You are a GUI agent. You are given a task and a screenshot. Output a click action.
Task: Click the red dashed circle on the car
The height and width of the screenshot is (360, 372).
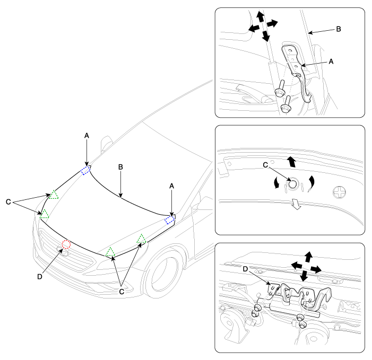click(x=66, y=244)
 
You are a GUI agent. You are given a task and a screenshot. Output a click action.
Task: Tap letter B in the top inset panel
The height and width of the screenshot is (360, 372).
click(x=339, y=29)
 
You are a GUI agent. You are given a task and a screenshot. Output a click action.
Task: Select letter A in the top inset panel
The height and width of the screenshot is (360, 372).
click(x=331, y=62)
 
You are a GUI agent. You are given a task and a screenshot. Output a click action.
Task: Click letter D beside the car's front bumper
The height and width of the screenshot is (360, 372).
click(x=40, y=277)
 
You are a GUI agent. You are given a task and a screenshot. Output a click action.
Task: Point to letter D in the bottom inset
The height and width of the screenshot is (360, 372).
click(x=245, y=269)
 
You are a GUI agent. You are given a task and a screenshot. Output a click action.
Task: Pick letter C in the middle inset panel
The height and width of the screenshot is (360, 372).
click(x=265, y=165)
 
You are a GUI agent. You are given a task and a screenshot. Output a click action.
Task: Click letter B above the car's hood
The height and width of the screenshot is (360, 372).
click(x=120, y=167)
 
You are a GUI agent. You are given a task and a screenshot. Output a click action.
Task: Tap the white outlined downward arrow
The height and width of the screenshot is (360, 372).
click(x=296, y=204)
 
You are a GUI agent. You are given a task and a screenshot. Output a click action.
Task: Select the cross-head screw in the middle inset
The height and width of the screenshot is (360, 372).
click(x=339, y=192)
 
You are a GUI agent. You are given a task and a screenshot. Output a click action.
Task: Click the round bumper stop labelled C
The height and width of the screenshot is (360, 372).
click(x=293, y=183)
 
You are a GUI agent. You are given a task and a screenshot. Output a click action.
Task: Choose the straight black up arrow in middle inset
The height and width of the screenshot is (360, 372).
click(x=291, y=162)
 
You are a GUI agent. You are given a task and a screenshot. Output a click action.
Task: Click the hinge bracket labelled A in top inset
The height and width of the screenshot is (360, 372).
click(x=297, y=71)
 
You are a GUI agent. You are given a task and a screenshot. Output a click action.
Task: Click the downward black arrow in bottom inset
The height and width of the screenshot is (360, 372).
click(x=304, y=276)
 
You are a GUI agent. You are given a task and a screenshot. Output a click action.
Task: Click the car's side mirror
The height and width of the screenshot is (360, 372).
click(x=106, y=143)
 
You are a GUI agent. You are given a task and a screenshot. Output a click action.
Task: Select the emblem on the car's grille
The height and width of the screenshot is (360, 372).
click(x=63, y=250)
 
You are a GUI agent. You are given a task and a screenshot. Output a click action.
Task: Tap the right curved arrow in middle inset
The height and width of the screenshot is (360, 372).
click(x=312, y=183)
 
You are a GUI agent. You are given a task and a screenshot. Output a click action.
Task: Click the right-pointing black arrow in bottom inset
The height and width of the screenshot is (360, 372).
click(x=316, y=269)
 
